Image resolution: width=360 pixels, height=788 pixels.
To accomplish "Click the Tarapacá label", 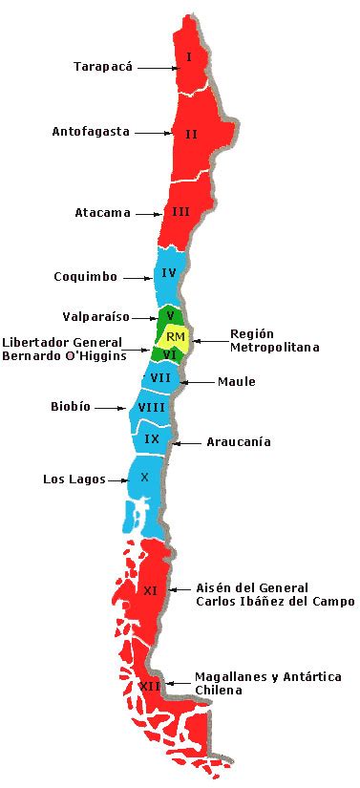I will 103,67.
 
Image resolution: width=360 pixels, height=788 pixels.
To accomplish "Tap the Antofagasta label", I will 91,132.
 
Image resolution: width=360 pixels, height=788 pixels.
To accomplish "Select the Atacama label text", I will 102,213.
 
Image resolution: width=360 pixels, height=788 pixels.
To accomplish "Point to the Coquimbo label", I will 85,277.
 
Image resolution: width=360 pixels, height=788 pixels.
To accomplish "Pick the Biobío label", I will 71,406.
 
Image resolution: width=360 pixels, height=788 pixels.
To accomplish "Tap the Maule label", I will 237,382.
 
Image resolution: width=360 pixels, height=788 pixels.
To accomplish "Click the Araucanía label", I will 239,442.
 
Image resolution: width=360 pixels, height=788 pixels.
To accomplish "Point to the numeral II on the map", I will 191,135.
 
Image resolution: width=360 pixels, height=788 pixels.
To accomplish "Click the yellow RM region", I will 175,336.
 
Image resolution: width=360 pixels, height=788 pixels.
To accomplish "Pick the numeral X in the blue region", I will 144,477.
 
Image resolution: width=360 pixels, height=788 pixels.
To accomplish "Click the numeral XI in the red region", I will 150,590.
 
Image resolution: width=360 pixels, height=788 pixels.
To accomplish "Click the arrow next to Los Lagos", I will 115,479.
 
